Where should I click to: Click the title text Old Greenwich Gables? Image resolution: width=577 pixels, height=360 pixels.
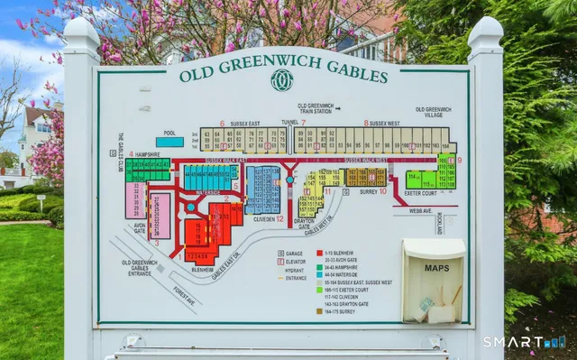coord(283,72)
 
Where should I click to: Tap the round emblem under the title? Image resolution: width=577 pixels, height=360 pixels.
coord(282,80)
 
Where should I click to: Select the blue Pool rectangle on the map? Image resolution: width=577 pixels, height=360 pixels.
coord(169,142)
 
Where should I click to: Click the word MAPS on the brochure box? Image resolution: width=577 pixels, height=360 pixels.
coord(436,268)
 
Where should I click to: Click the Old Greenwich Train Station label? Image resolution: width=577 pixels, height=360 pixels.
coord(316,109)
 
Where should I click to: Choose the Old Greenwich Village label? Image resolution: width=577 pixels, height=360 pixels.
coord(433,112)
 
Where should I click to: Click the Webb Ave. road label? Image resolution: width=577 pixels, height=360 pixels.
coord(418,212)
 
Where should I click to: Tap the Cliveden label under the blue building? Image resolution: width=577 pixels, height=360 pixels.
coord(263,218)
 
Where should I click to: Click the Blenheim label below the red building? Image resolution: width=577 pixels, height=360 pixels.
coord(203,269)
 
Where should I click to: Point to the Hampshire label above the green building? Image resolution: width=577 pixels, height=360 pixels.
coord(150,154)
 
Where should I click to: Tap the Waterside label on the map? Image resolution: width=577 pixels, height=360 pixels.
coord(208,192)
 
